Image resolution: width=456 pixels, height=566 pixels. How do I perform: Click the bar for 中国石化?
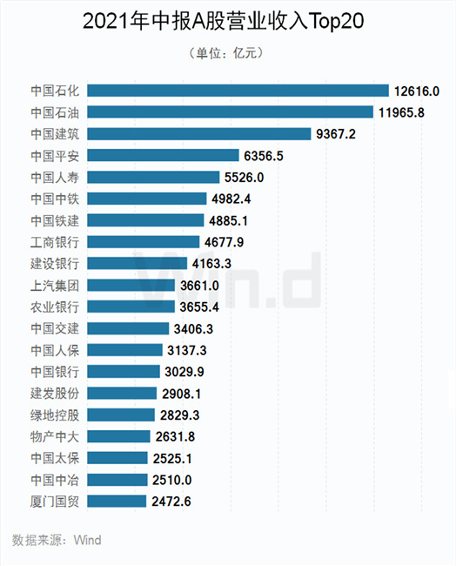pos(238,91)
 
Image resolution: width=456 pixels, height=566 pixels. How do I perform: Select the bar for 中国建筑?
pos(199,133)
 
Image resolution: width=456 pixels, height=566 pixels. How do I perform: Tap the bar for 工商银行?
pos(144,242)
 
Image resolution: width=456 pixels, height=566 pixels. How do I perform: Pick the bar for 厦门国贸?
pos(117,501)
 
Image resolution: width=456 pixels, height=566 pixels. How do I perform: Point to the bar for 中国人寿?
pos(153,177)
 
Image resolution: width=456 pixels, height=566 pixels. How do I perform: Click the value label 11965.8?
pos(401,112)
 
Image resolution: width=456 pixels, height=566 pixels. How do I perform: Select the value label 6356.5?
pos(264,156)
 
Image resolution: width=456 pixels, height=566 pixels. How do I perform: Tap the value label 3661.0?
pos(199,286)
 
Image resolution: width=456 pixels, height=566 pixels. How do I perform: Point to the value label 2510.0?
pos(171,480)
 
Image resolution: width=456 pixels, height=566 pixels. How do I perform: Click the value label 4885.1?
pos(228,220)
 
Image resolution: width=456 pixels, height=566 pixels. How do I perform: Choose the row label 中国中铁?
pos(55,199)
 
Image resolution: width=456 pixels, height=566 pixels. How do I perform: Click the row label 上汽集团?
pos(55,286)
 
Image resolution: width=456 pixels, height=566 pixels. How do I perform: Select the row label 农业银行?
pos(55,307)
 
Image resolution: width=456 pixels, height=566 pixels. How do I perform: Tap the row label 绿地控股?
pos(55,415)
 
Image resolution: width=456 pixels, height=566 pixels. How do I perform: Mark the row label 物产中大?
pos(55,437)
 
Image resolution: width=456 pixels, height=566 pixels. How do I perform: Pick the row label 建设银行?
pos(55,264)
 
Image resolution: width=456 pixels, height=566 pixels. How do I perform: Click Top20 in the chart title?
pos(337,21)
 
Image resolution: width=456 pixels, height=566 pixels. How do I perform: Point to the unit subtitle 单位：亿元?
pos(226,53)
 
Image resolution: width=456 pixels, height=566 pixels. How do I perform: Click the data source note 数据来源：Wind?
pos(57,540)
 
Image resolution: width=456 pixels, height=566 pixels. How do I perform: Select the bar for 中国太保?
pos(117,458)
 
